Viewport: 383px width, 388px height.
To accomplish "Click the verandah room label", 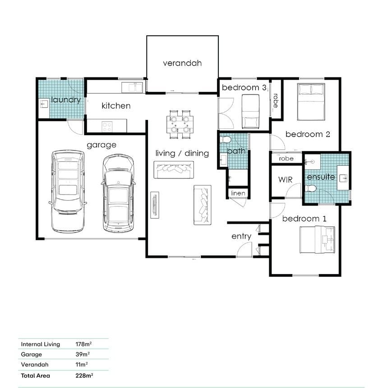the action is pyautogui.click(x=182, y=63).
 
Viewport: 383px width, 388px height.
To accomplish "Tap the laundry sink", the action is pyautogui.click(x=44, y=104).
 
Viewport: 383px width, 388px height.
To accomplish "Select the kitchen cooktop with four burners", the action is pyautogui.click(x=107, y=127).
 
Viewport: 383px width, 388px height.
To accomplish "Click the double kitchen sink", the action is pyautogui.click(x=132, y=87).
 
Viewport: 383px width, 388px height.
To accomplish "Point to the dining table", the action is pyautogui.click(x=180, y=124).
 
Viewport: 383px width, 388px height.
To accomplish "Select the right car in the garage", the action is pyautogui.click(x=118, y=193).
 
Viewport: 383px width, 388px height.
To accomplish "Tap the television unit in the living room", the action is pyautogui.click(x=155, y=205).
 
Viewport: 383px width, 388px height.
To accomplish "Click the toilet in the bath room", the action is pyautogui.click(x=225, y=140).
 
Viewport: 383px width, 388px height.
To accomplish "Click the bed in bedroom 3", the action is pyautogui.click(x=250, y=111).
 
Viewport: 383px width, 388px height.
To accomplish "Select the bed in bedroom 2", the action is pyautogui.click(x=311, y=102).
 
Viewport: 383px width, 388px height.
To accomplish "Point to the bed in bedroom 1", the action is pyautogui.click(x=317, y=240).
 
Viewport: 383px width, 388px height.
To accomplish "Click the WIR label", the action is pyautogui.click(x=285, y=180).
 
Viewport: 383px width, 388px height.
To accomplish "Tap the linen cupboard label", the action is pyautogui.click(x=238, y=193).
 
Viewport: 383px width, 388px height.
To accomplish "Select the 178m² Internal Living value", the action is pyautogui.click(x=84, y=344).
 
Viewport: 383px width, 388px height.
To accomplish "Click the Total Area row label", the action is pyautogui.click(x=36, y=376).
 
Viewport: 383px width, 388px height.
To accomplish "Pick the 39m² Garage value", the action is pyautogui.click(x=83, y=354).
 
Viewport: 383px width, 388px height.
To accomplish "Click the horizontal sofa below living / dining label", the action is pyautogui.click(x=174, y=170).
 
